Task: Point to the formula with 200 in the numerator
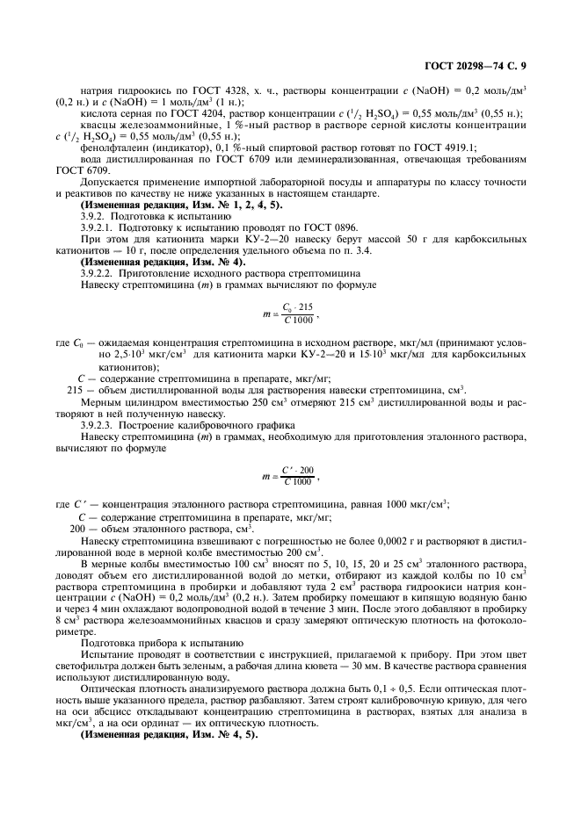[290, 476]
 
